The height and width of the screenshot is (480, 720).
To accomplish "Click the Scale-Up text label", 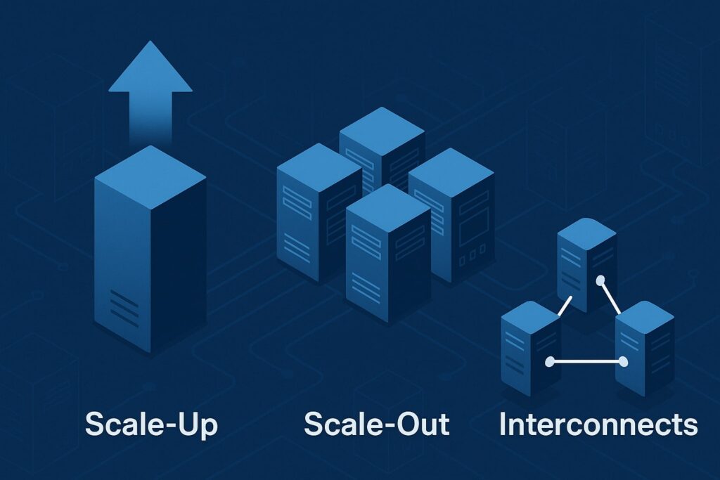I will coord(152,424).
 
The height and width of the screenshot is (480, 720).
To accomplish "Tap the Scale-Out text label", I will coord(377,424).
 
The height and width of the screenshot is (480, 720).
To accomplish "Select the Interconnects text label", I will coord(598,424).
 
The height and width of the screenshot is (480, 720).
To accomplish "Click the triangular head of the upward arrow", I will coord(150,69).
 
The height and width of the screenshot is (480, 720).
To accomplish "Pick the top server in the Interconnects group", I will coord(586,257).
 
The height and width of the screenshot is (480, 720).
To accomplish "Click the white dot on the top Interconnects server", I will coord(600,280).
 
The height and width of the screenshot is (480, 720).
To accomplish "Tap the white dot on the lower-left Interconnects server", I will coord(550,363).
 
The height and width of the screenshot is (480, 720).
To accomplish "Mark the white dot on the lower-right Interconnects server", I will coord(622,363).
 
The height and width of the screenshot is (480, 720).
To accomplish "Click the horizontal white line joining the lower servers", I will coord(586,363).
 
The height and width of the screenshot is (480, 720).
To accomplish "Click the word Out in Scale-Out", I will coord(419,424).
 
